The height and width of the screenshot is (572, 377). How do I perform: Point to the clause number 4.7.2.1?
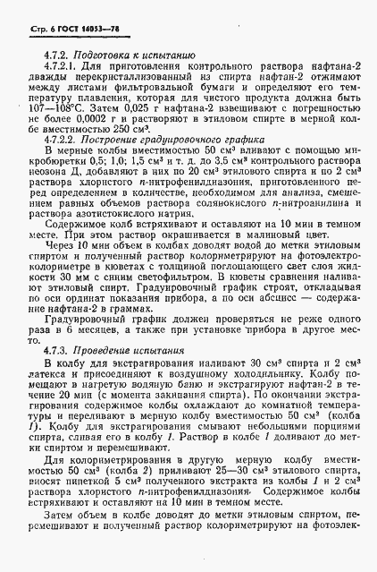[63, 68]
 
